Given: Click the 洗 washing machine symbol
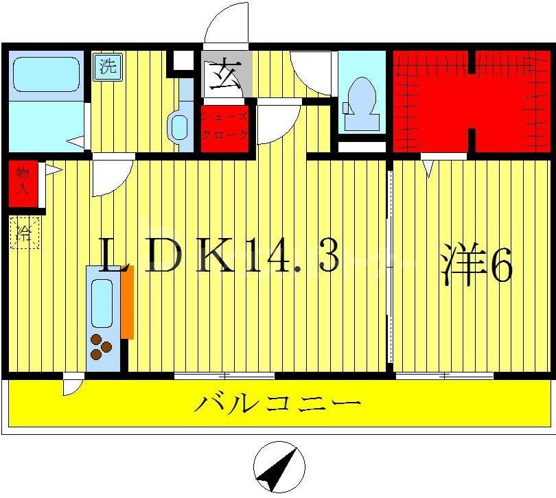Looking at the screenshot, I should click(107, 67).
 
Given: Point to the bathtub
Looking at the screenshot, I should click(45, 74).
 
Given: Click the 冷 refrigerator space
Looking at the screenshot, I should click(24, 233).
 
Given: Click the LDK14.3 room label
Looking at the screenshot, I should click(220, 257).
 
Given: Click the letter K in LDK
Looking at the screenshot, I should click(215, 257).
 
